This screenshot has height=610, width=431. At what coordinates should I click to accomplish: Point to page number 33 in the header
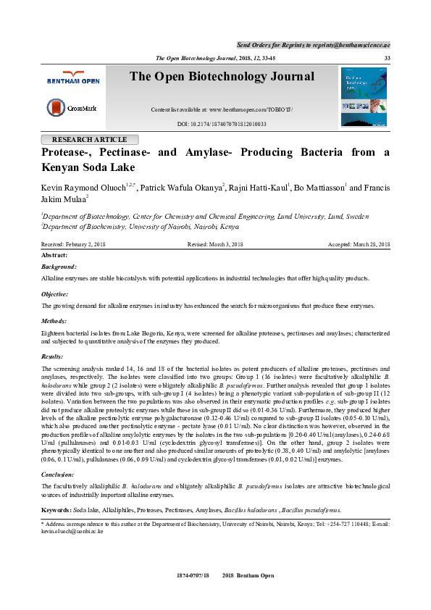(387, 58)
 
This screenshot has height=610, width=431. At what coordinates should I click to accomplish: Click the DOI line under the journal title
(222, 124)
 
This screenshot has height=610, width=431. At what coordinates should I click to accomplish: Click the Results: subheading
(54, 357)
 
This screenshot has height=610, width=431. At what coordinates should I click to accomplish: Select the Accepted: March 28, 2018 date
(359, 245)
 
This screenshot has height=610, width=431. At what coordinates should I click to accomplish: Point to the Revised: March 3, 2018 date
(215, 245)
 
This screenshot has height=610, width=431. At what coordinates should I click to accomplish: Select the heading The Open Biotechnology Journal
(222, 77)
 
